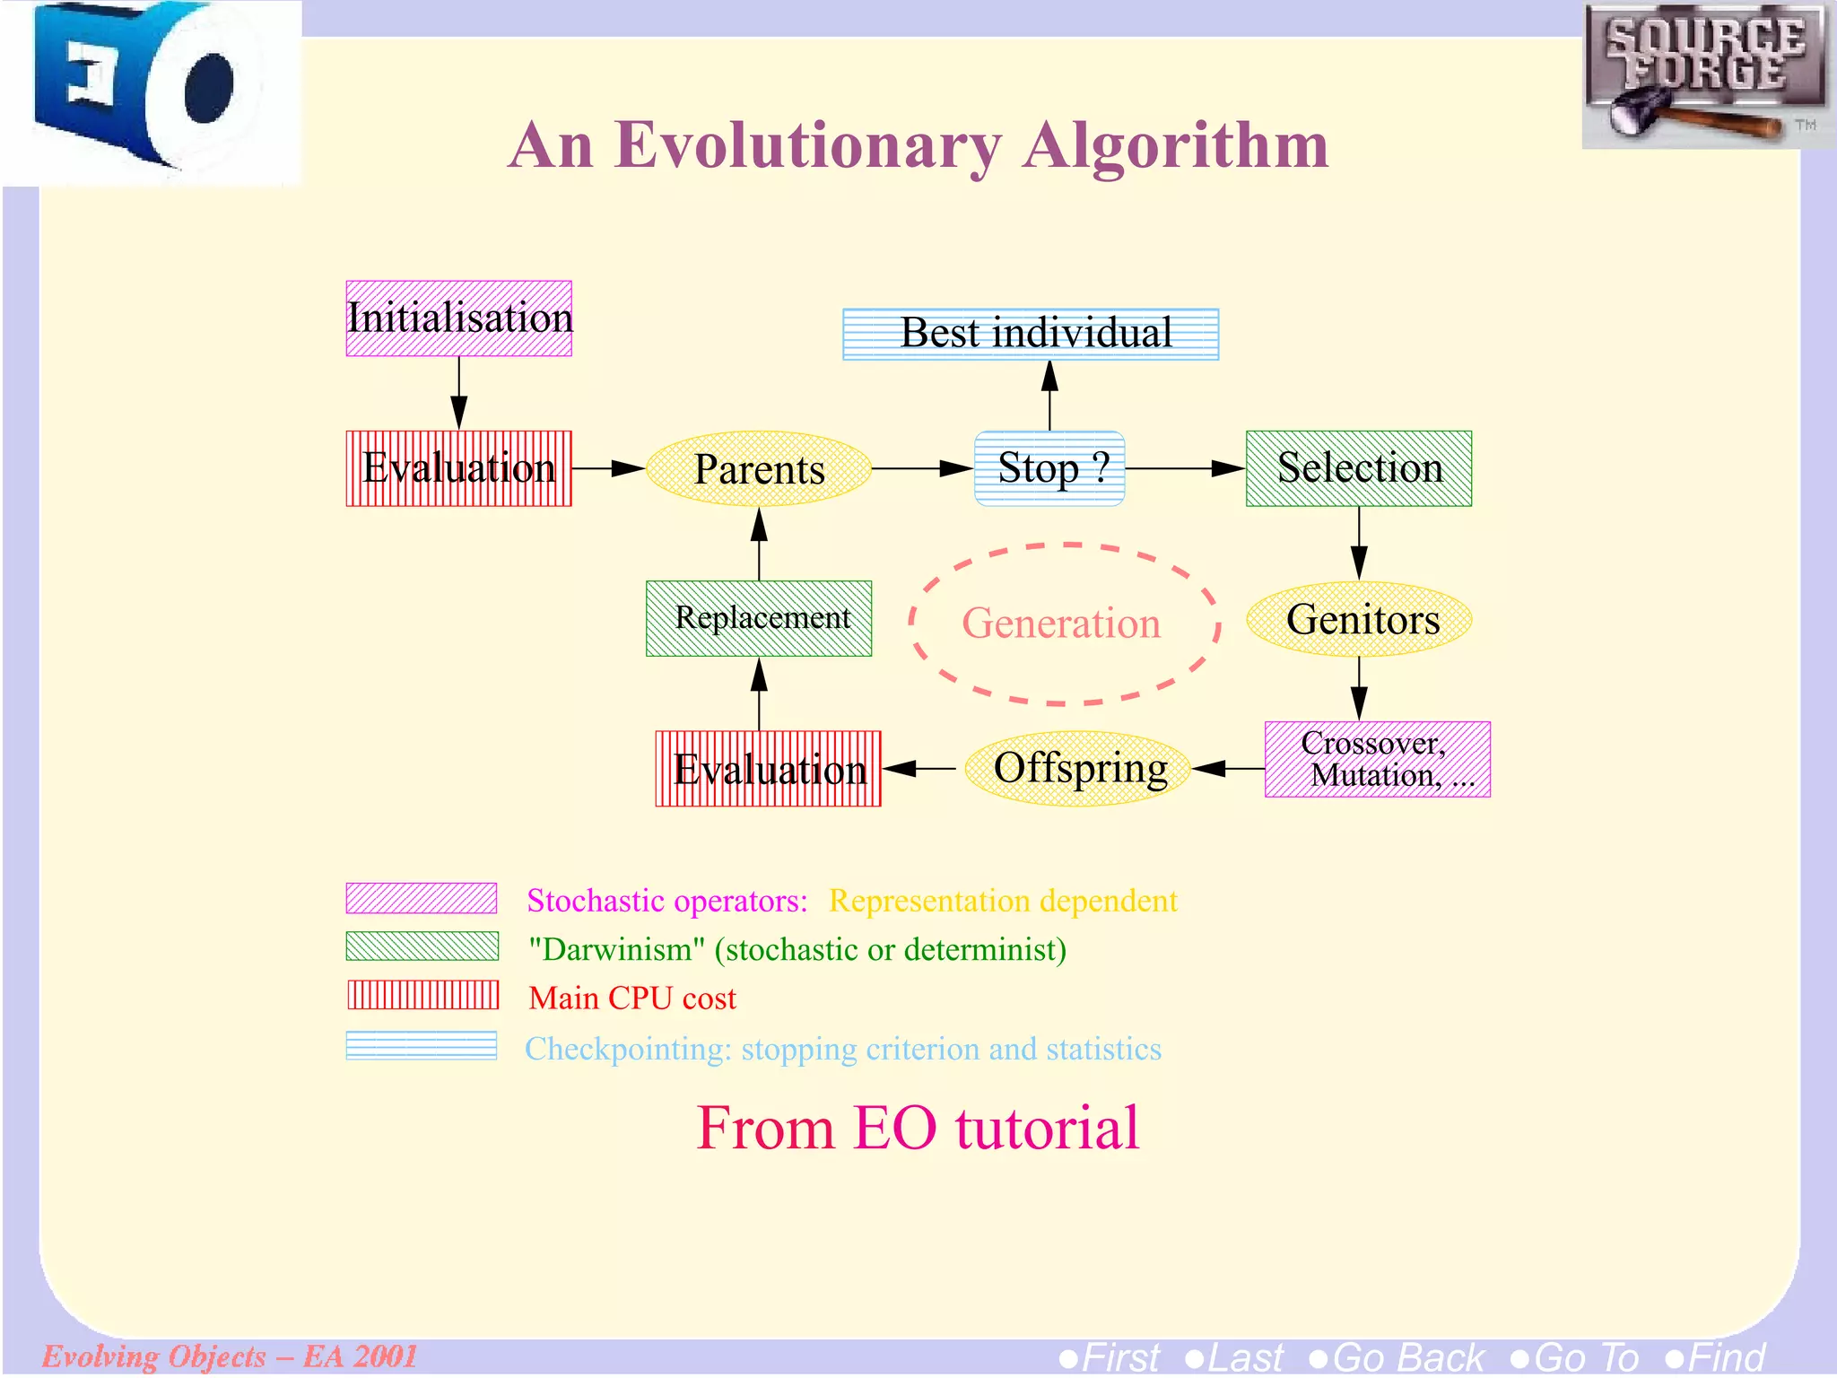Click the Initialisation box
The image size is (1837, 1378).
[x=458, y=318]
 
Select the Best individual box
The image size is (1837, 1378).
[x=1031, y=334]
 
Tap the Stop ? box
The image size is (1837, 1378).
[x=1049, y=468]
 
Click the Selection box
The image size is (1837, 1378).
[x=1358, y=468]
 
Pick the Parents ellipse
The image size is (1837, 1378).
[x=759, y=469]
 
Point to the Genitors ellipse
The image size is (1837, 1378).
[x=1359, y=619]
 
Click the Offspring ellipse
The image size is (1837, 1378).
[x=1077, y=769]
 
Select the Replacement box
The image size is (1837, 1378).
[x=759, y=618]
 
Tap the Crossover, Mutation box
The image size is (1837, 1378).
[x=1377, y=759]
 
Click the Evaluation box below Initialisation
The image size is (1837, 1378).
[x=458, y=468]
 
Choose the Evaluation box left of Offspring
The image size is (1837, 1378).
[x=768, y=769]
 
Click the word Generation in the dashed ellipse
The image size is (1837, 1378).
[x=1061, y=623]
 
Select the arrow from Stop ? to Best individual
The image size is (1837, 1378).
[x=1049, y=395]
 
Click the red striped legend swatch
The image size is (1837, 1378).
[x=422, y=995]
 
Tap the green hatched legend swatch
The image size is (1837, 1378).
[x=422, y=946]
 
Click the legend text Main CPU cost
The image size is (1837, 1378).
[x=631, y=998]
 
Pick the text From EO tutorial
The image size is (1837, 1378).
[x=918, y=1128]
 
